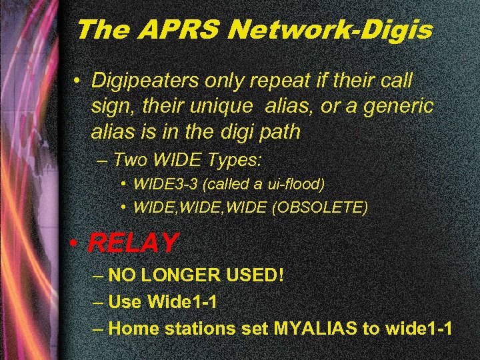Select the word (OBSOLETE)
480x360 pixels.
pos(320,208)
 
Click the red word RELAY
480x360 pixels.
pos(133,243)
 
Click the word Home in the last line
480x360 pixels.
pos(131,328)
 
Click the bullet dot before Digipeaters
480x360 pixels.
pos(78,81)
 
